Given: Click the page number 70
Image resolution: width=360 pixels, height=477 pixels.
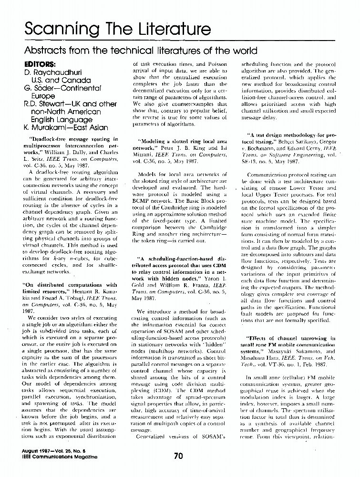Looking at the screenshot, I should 178,456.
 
